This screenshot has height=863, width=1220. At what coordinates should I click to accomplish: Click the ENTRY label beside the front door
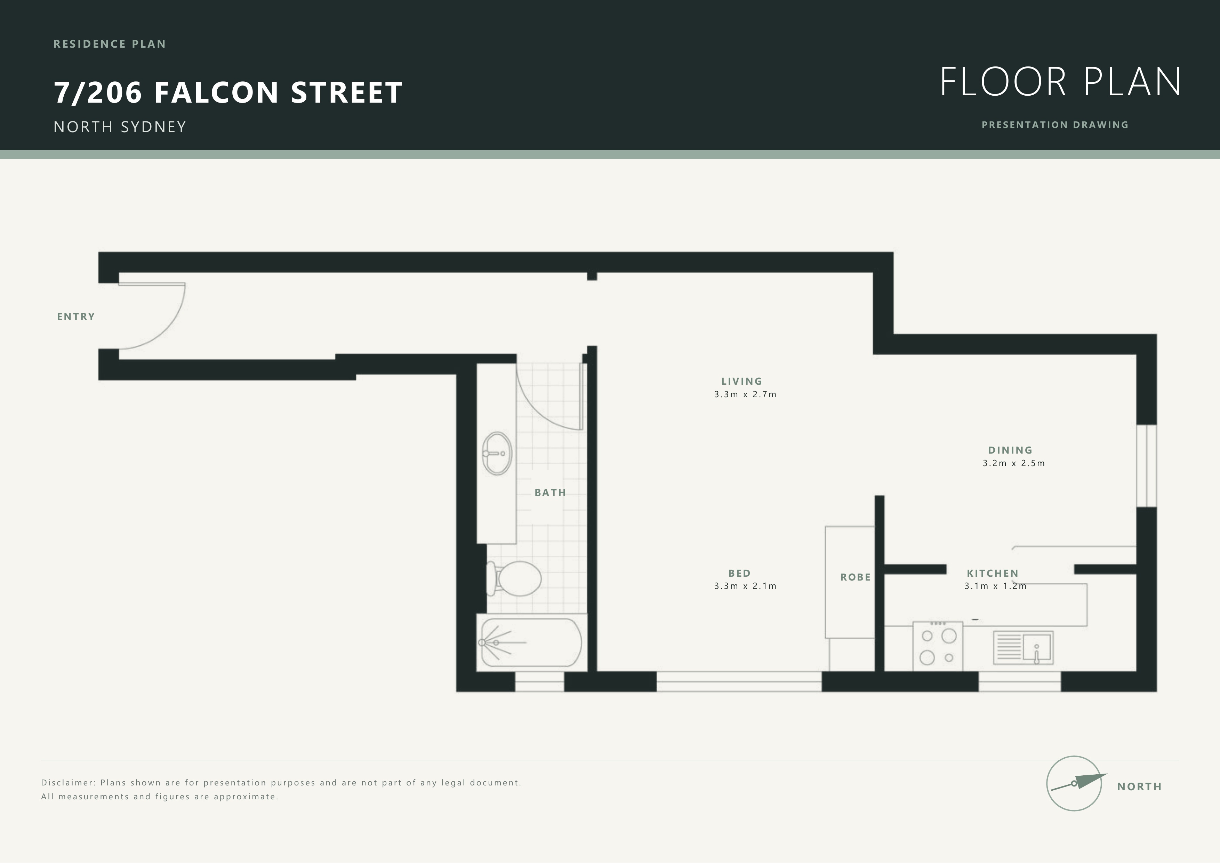(76, 317)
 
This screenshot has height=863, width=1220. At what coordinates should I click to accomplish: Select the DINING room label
(1010, 450)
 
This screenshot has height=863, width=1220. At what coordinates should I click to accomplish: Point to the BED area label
(739, 573)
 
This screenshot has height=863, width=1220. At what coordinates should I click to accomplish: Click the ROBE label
(855, 577)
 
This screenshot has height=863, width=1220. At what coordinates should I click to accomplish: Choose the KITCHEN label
(993, 573)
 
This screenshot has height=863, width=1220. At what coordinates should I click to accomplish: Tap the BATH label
(550, 493)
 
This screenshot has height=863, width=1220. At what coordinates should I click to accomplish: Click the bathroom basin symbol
(497, 453)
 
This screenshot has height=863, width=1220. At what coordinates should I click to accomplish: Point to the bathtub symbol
(531, 642)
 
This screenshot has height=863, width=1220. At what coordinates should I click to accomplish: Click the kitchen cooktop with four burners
(938, 646)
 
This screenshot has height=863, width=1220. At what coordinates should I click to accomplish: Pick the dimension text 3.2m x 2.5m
(1013, 463)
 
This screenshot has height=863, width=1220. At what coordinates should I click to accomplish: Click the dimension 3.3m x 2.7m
(745, 394)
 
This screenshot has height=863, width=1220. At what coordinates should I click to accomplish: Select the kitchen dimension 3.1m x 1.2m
(995, 586)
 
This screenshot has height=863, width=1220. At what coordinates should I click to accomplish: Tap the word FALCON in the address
(216, 93)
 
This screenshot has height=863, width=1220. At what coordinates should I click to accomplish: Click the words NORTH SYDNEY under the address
(120, 127)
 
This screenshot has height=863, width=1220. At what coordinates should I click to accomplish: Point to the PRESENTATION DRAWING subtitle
(1055, 125)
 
